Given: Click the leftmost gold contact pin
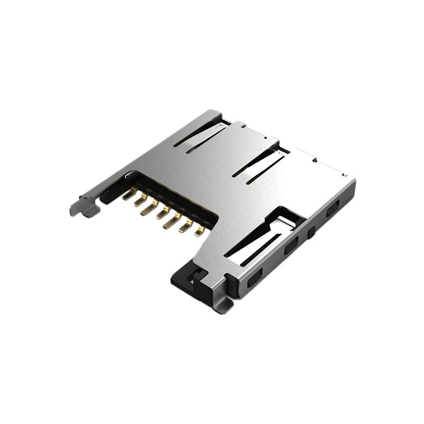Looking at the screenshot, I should click(127, 195).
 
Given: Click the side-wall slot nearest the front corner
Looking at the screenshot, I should click(255, 277).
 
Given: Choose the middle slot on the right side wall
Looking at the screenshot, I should click(291, 246).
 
